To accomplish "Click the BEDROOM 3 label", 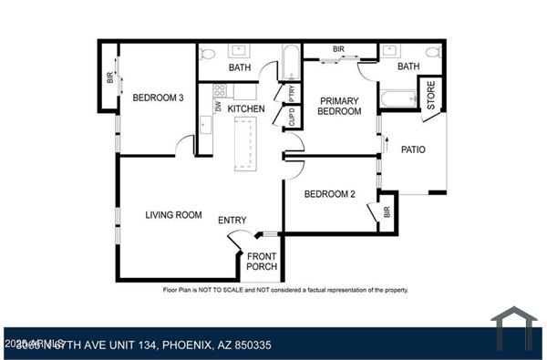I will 159,98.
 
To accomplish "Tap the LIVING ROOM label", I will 173,215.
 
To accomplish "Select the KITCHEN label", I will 246,109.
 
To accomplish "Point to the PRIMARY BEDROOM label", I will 338,106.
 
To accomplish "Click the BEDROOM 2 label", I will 329,194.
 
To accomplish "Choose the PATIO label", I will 413,150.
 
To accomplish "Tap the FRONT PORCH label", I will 263,262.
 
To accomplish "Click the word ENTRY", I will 232,221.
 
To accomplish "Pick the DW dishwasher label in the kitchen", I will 219,107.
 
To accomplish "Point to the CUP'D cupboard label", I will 292,118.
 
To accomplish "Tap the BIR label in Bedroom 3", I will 110,78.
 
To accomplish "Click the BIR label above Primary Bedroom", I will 338,49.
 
